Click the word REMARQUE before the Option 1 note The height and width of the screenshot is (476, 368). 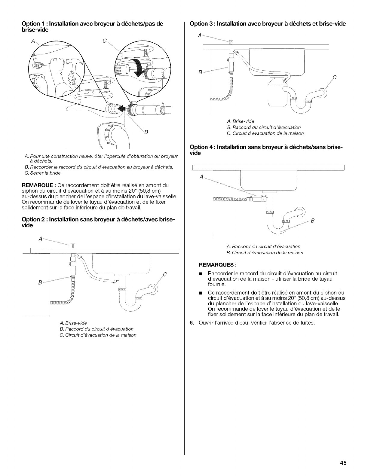click(x=37, y=185)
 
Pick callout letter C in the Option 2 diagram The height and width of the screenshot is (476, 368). click(x=165, y=274)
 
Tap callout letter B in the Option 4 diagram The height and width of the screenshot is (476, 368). click(x=312, y=221)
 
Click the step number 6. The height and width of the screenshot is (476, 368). click(x=192, y=323)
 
